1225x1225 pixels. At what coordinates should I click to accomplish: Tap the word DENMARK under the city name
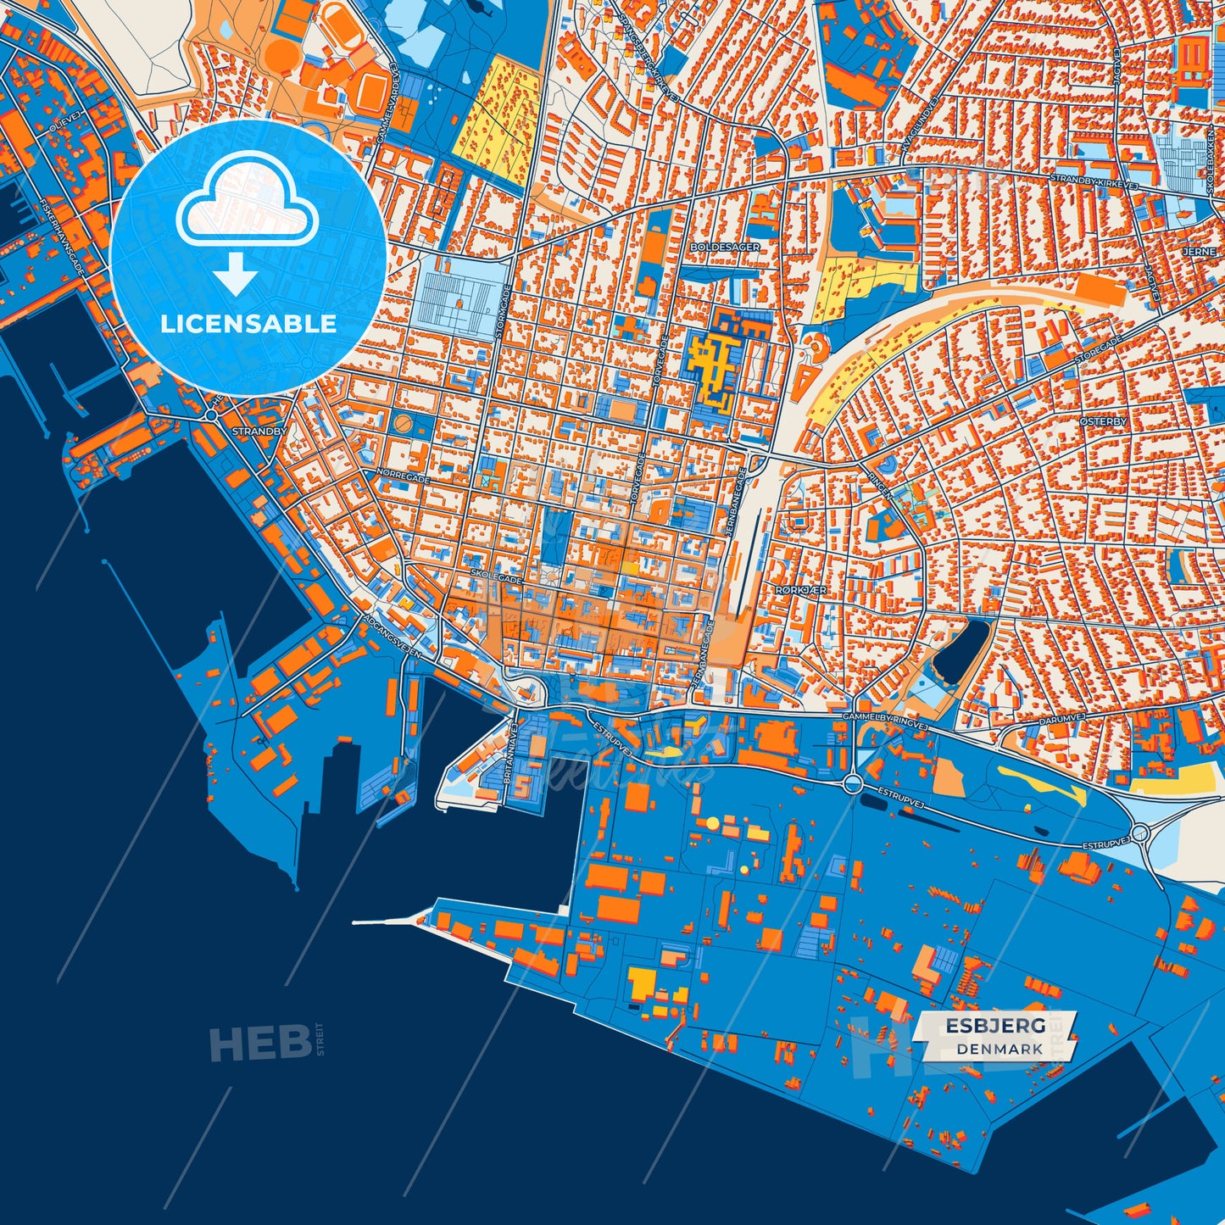(999, 1049)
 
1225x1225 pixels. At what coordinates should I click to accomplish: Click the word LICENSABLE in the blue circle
(248, 323)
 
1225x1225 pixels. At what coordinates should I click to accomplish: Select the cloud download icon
(246, 222)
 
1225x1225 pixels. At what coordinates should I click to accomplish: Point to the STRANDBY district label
(259, 432)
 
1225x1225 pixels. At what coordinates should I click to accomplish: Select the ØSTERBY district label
(1104, 421)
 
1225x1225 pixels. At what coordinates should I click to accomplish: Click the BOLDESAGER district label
(725, 247)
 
